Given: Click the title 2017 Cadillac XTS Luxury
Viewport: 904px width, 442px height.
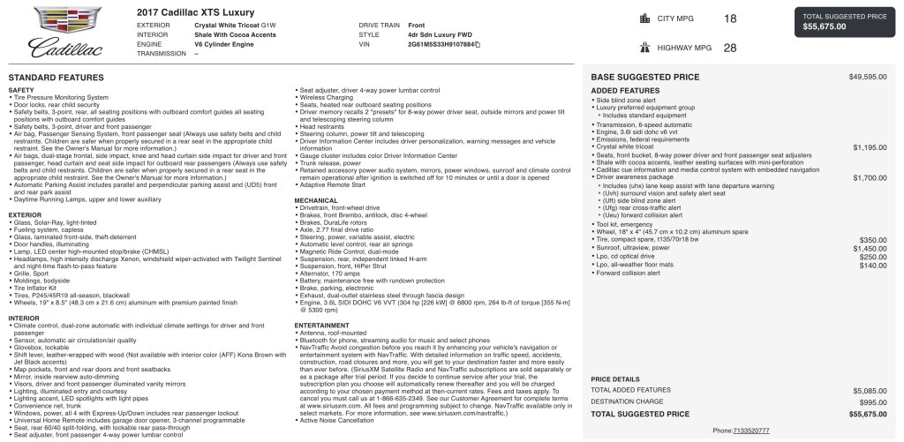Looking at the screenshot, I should [195, 12].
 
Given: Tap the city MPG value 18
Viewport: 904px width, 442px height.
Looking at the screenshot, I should [729, 18].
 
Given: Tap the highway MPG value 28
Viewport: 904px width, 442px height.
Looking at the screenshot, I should [729, 48].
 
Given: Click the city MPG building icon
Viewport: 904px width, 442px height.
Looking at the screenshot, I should [644, 18].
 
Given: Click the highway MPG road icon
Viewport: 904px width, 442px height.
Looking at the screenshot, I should [644, 48].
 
